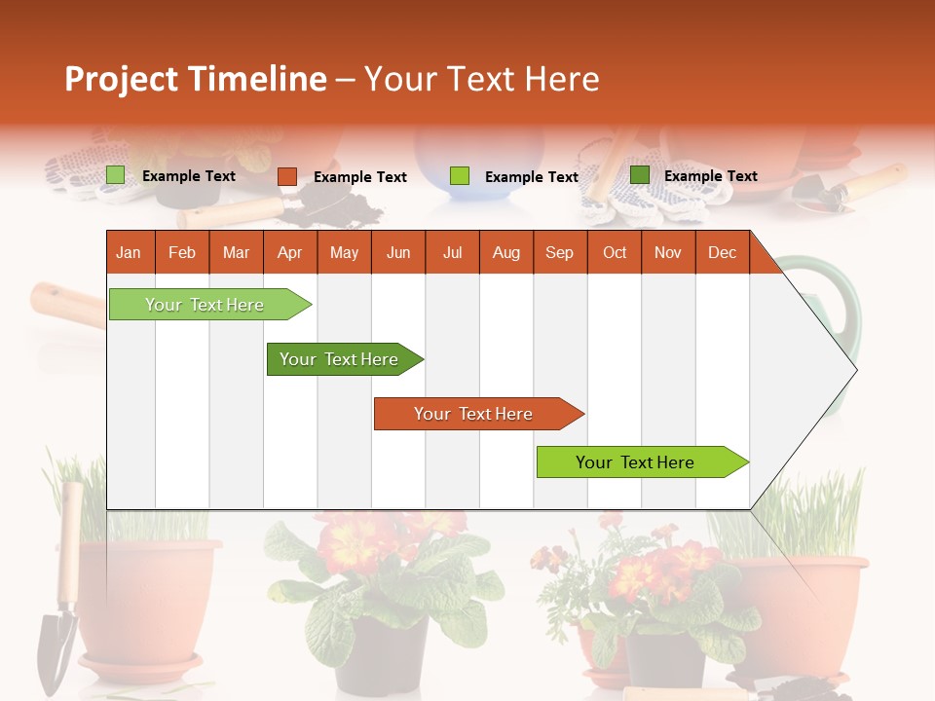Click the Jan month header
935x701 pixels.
[x=129, y=252]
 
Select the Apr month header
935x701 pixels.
[x=289, y=252]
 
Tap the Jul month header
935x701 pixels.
[x=452, y=252]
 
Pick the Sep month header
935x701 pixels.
[x=559, y=252]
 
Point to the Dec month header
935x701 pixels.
[x=722, y=252]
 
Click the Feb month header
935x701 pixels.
[x=182, y=252]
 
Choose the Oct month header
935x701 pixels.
[x=615, y=252]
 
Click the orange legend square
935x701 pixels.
[x=287, y=176]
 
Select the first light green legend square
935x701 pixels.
[x=116, y=175]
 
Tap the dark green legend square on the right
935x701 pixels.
[x=640, y=175]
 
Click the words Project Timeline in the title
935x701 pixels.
[x=196, y=79]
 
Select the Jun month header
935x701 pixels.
[x=398, y=252]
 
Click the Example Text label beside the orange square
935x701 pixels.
[x=360, y=177]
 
